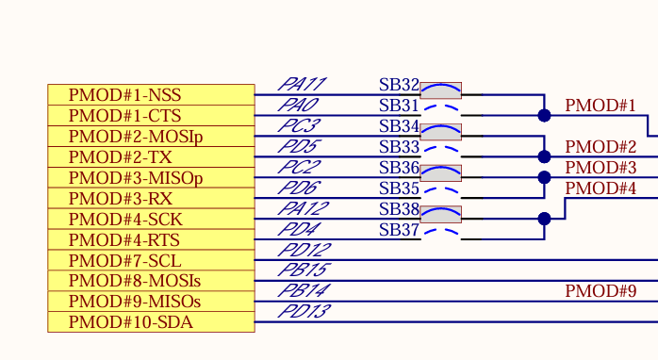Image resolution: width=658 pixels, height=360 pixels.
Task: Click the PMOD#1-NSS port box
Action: point(151,95)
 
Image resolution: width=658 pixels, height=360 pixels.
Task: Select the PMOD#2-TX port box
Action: point(151,157)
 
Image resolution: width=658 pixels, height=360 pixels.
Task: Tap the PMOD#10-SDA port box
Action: point(151,322)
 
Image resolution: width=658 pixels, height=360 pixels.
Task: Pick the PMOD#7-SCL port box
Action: point(151,260)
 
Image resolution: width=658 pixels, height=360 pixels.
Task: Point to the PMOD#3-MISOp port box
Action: point(151,178)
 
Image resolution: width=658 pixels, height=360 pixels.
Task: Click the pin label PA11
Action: point(302,85)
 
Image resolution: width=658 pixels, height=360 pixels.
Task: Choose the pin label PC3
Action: point(301,126)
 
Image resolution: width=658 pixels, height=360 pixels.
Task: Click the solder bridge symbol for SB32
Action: point(440,90)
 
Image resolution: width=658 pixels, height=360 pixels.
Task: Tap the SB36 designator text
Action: point(399,168)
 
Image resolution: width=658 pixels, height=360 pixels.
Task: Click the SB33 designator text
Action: point(399,147)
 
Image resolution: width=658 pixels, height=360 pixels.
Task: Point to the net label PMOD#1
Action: point(600,106)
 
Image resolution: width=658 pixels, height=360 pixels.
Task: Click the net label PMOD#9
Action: point(600,291)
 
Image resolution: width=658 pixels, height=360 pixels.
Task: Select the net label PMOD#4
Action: point(600,188)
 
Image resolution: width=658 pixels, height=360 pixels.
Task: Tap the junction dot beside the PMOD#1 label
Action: point(544,115)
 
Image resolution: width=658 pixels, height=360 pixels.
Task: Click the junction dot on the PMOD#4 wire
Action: point(544,219)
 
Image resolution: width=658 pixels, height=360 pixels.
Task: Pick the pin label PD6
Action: point(301,188)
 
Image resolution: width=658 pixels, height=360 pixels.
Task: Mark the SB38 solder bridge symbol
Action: point(440,215)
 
